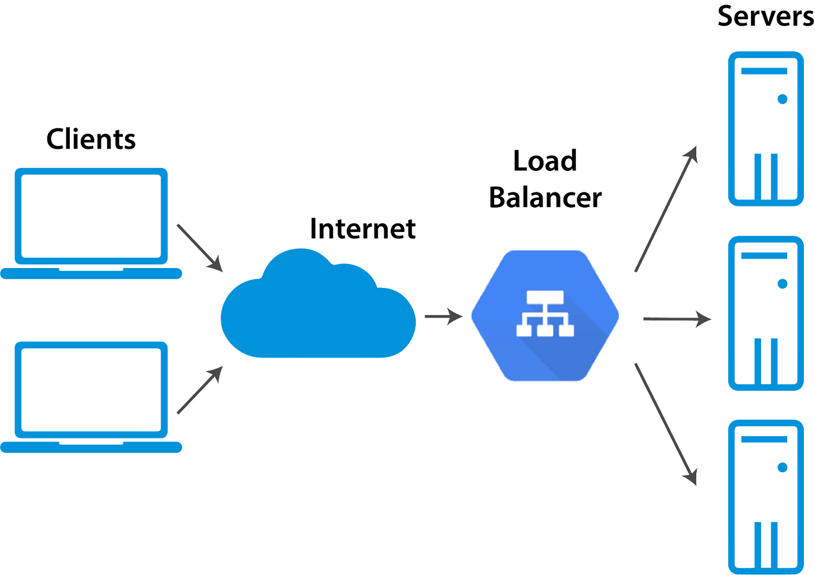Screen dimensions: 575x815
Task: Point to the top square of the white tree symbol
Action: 545,298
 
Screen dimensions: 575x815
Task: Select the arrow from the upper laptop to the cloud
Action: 200,248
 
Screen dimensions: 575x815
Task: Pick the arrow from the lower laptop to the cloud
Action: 200,390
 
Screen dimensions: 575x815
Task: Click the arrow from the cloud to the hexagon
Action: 444,316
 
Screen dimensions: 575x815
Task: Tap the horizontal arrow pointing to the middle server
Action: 677,319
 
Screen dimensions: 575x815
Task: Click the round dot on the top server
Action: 782,99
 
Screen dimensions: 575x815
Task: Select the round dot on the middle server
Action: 782,284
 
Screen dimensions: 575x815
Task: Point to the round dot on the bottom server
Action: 782,467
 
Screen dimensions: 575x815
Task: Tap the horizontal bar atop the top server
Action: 764,71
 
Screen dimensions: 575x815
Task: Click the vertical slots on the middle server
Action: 766,360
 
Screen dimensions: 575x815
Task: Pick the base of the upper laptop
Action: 91,273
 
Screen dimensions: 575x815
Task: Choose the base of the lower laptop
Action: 91,447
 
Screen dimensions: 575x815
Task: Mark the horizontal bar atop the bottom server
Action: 764,440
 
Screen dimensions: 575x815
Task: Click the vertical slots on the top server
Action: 766,176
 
